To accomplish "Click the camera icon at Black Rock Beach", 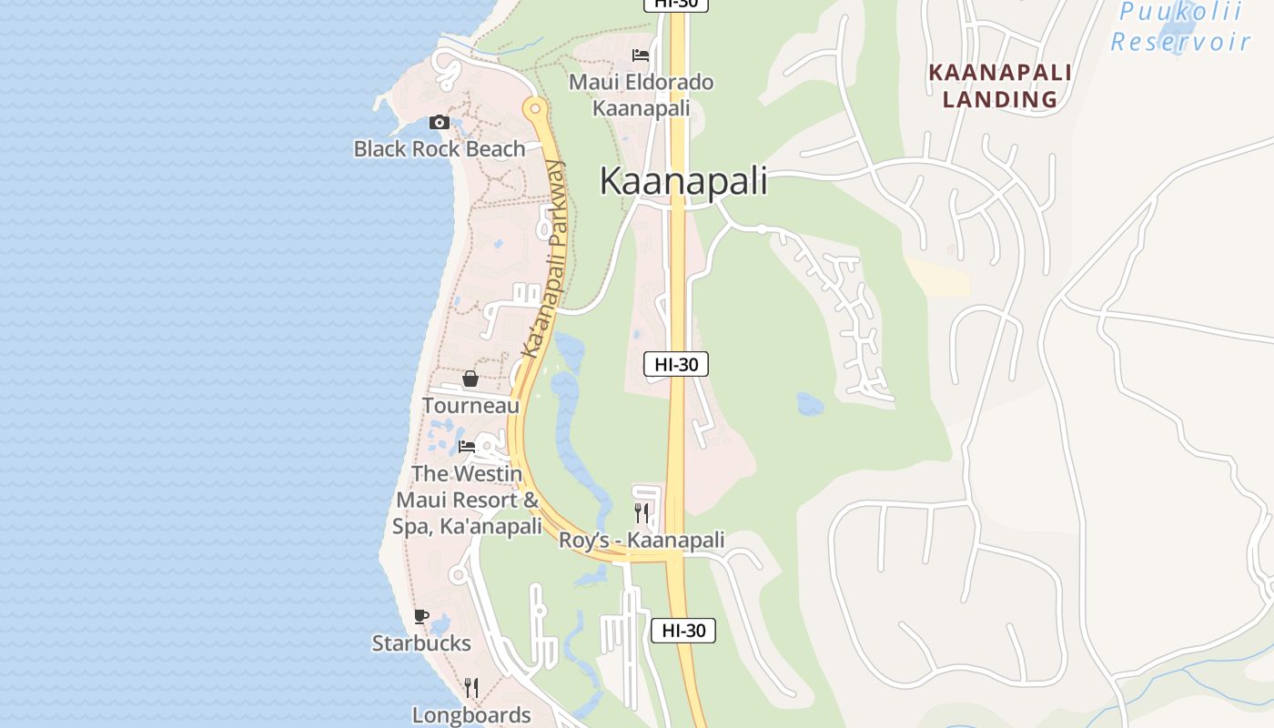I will [440, 123].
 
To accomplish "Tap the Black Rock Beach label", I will [440, 148].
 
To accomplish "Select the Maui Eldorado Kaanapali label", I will [641, 95].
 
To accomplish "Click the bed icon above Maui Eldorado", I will [641, 56].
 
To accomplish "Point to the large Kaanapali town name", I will [682, 181].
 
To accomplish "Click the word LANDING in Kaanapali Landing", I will [999, 99].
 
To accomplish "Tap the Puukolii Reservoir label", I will [1180, 27].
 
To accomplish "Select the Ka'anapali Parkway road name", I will [543, 259].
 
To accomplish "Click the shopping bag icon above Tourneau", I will [470, 379].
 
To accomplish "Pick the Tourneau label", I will [470, 406].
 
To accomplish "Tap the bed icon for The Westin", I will [467, 447].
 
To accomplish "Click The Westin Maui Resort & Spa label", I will [467, 500].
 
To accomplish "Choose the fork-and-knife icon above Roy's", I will [642, 513].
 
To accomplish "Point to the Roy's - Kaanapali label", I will [642, 541].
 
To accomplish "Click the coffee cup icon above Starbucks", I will [421, 617].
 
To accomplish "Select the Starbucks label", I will [421, 643].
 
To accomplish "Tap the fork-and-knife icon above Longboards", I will [471, 687].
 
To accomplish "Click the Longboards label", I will [471, 714].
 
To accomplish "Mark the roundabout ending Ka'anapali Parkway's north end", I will [534, 109].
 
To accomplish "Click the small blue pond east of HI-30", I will [810, 403].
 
